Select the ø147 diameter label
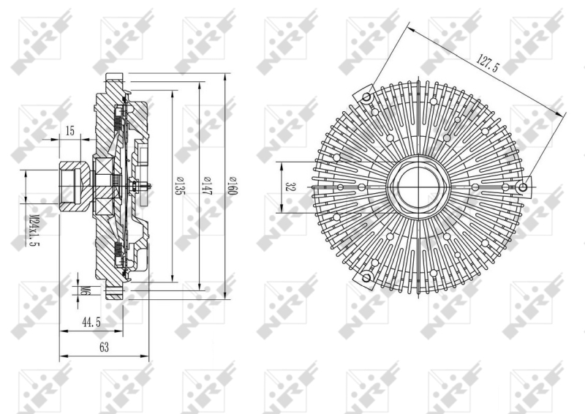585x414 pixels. click(205, 186)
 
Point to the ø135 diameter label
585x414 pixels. click(178, 186)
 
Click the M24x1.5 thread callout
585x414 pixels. click(34, 230)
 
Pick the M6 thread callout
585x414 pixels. click(86, 290)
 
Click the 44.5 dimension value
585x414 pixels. click(91, 322)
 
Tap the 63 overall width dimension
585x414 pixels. click(104, 347)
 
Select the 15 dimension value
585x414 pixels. click(70, 131)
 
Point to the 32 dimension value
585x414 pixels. click(289, 187)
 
